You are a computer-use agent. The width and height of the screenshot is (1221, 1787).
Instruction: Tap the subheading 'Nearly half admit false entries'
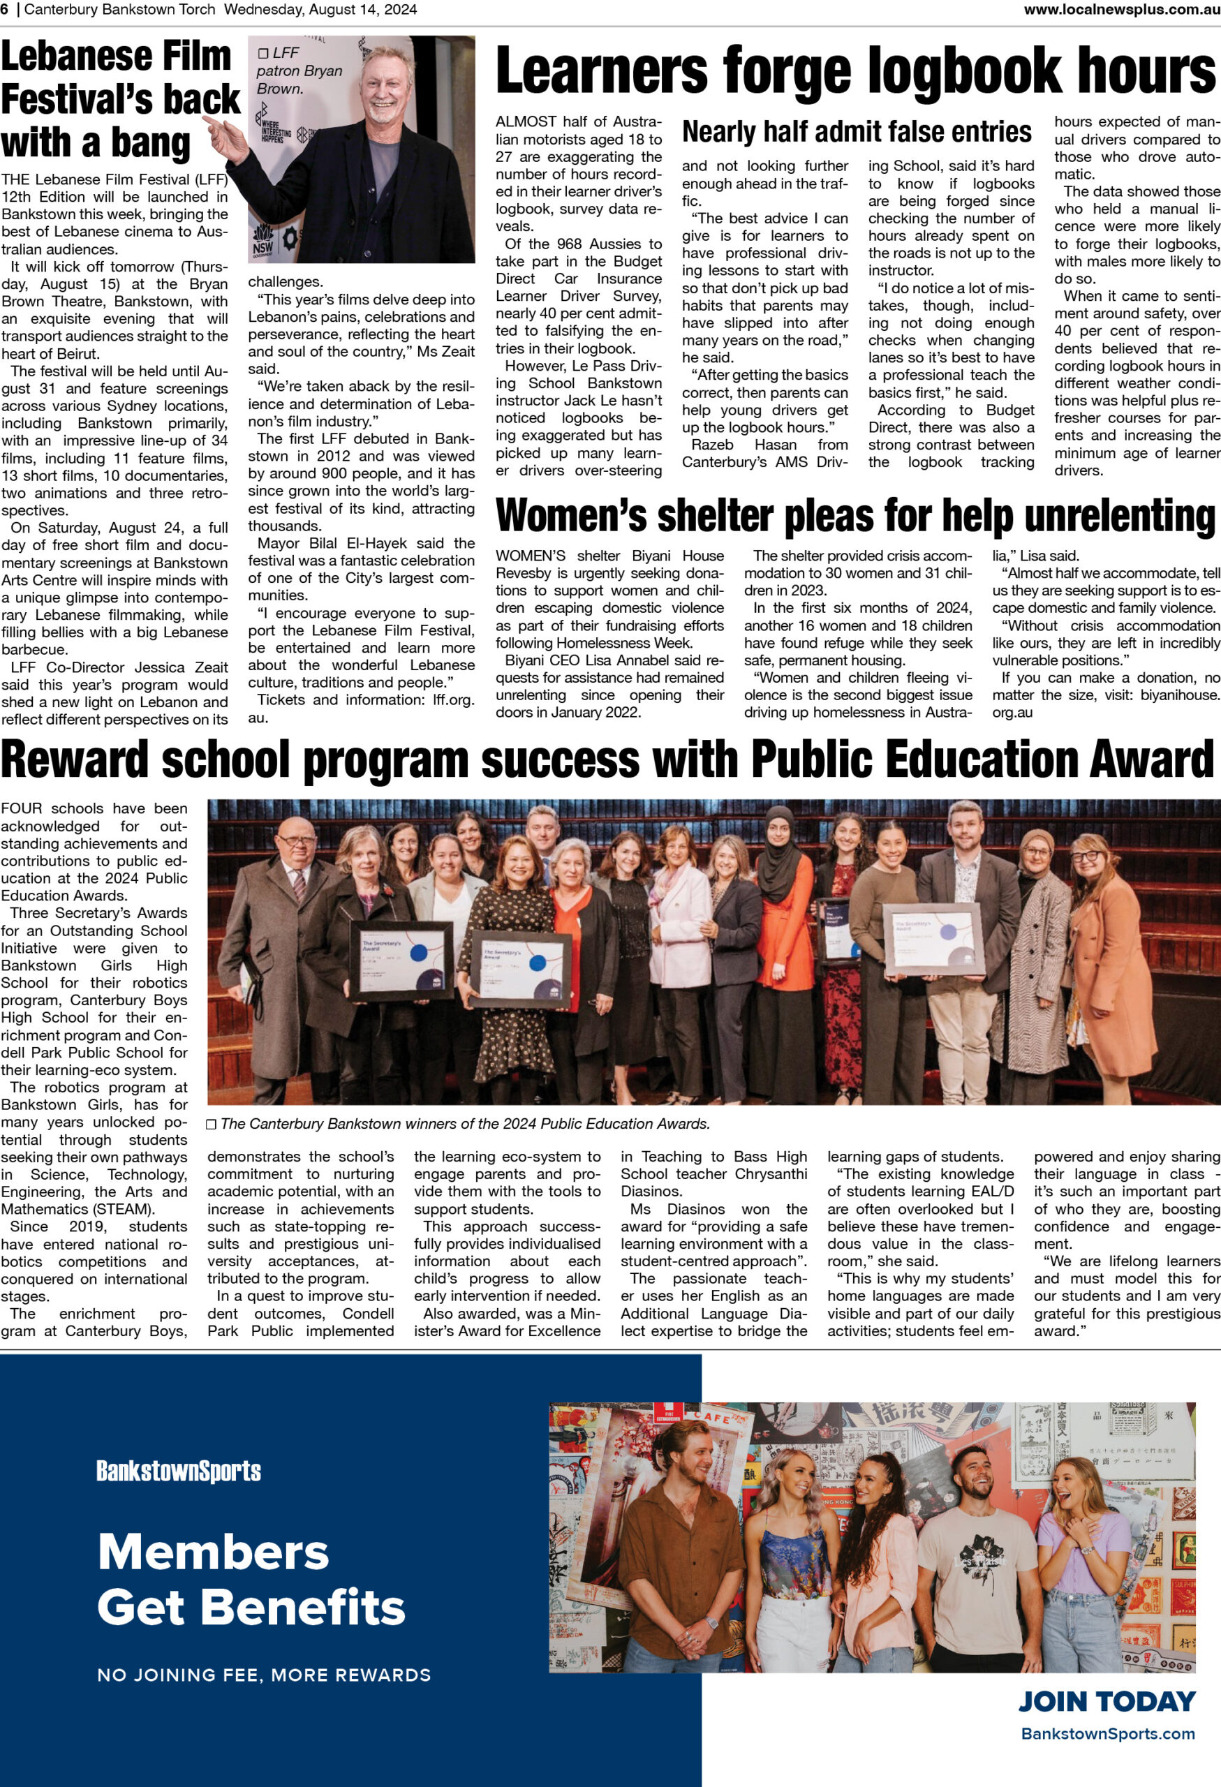click(857, 132)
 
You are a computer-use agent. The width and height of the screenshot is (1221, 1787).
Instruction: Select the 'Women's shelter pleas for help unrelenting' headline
click(855, 516)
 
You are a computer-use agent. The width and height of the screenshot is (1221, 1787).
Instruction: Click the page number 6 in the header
click(5, 9)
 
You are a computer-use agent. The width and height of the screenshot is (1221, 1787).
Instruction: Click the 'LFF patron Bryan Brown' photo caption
click(299, 71)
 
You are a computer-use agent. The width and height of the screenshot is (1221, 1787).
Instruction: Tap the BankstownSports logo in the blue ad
click(179, 1471)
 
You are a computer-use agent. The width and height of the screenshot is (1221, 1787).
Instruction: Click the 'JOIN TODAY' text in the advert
click(1107, 1701)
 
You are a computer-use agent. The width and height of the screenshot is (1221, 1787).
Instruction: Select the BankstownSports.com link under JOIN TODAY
click(1108, 1733)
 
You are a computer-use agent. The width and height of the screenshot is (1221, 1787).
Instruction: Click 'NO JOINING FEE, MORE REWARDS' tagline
click(264, 1675)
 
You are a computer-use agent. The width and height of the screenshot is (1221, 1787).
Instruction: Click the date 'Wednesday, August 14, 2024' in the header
click(320, 9)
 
